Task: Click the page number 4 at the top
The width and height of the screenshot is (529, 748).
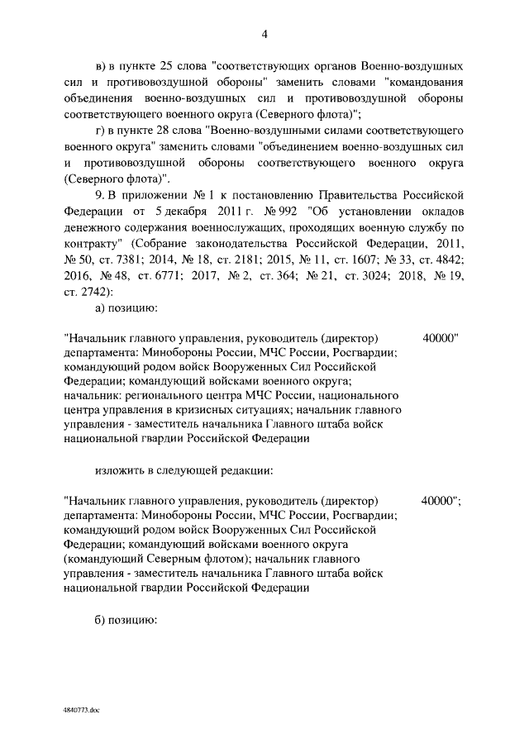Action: tap(264, 34)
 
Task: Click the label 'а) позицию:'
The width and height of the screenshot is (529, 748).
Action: tap(126, 309)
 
